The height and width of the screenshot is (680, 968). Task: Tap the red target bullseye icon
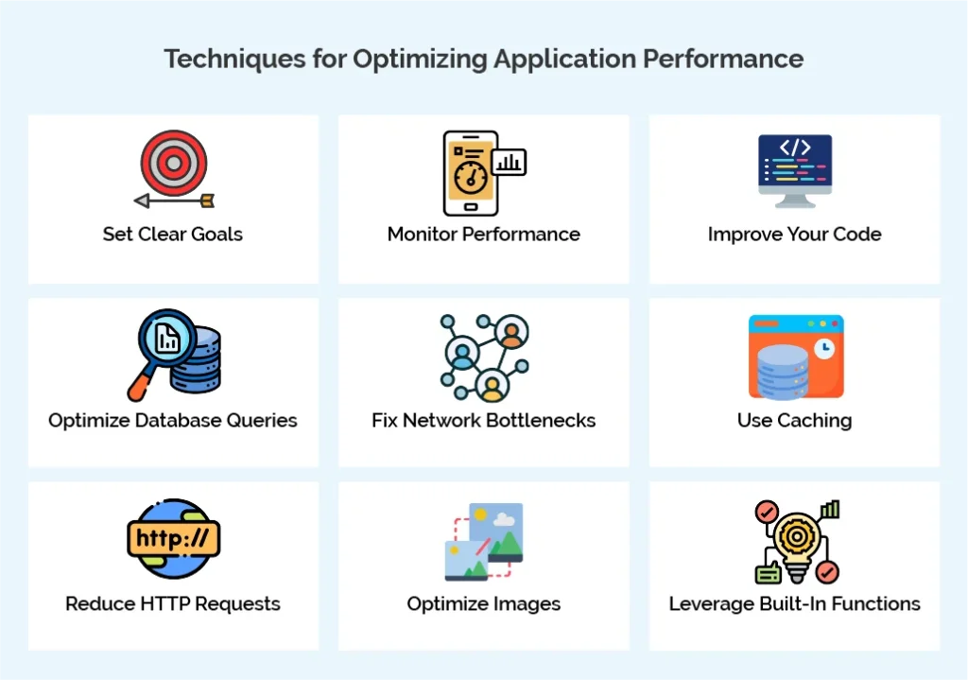[x=173, y=163]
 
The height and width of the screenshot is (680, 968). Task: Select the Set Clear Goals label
[x=173, y=235]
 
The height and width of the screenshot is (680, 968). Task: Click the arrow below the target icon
[x=174, y=201]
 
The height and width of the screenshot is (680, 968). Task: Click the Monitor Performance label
[x=484, y=235]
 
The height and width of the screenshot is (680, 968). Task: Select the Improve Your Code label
[x=795, y=235]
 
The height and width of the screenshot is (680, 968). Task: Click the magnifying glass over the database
[x=165, y=341]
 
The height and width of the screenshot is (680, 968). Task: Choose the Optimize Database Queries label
[x=173, y=420]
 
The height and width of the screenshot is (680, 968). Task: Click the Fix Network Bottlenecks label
[x=484, y=420]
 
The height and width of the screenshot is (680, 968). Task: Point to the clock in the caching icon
[x=824, y=349]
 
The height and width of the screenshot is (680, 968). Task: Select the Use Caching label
[x=795, y=420]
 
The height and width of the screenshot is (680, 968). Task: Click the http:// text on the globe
[x=173, y=539]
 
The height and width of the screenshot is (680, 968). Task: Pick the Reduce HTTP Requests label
[x=173, y=603]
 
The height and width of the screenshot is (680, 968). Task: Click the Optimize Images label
[x=484, y=603]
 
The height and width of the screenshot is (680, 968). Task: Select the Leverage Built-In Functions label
[x=795, y=603]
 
